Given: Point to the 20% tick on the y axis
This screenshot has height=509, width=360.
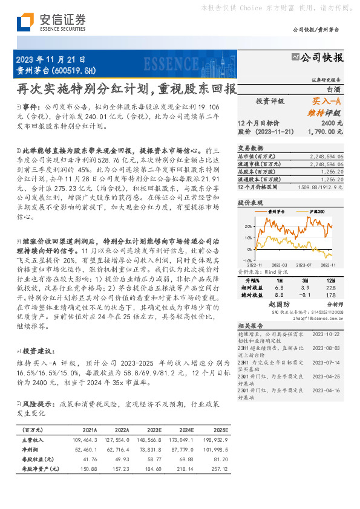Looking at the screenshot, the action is pos(249,226).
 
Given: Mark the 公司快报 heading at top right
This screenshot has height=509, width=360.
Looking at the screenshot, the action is pos(321,58).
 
